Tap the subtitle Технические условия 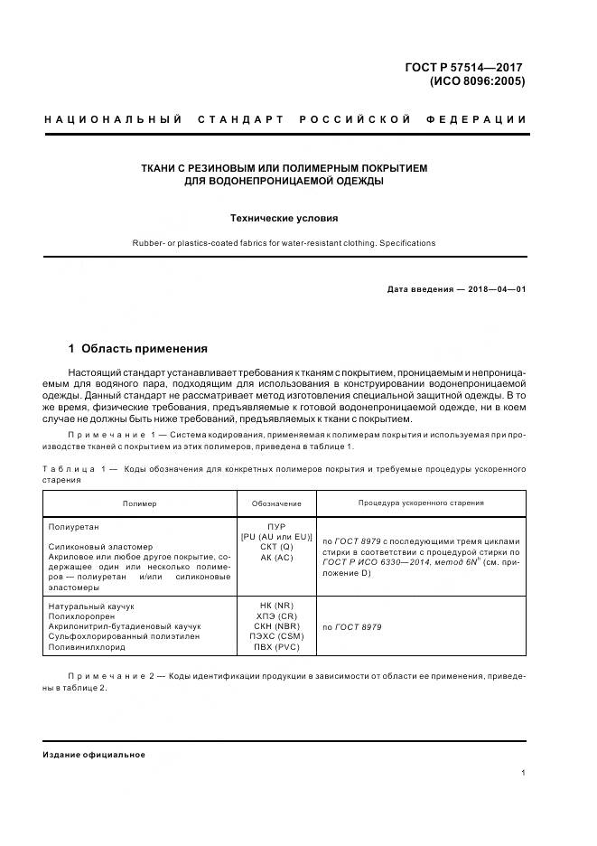pyautogui.click(x=285, y=218)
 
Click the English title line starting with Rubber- pyautogui.click(x=285, y=243)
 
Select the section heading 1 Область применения pyautogui.click(x=138, y=348)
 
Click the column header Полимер pyautogui.click(x=139, y=503)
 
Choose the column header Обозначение pyautogui.click(x=276, y=503)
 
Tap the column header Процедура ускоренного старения pyautogui.click(x=420, y=503)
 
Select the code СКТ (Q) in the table pyautogui.click(x=276, y=547)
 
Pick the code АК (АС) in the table pyautogui.click(x=276, y=558)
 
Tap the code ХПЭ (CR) pyautogui.click(x=276, y=616)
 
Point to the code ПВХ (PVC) pyautogui.click(x=276, y=648)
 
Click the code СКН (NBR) pyautogui.click(x=276, y=626)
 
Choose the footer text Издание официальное pyautogui.click(x=94, y=755)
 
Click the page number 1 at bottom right pyautogui.click(x=523, y=773)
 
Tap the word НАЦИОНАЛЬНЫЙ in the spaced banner pyautogui.click(x=107, y=119)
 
